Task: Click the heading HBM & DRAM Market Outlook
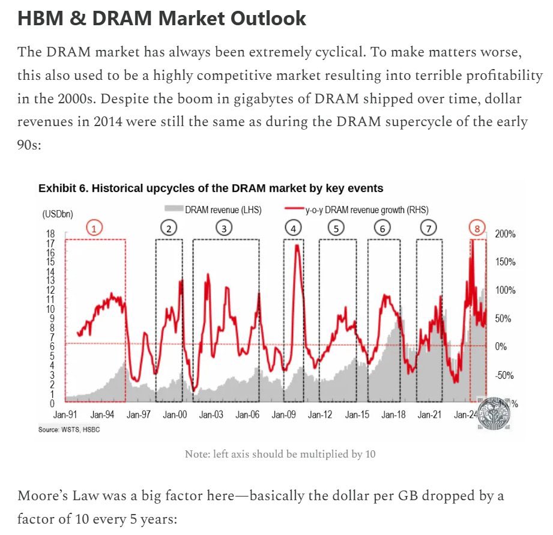pyautogui.click(x=162, y=18)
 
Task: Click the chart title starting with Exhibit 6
pyautogui.click(x=210, y=189)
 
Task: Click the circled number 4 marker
pyautogui.click(x=293, y=228)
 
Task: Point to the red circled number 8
pyautogui.click(x=477, y=228)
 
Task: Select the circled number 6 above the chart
pyautogui.click(x=382, y=228)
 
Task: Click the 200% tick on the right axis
pyautogui.click(x=504, y=234)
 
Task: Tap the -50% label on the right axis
pyautogui.click(x=505, y=375)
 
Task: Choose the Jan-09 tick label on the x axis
pyautogui.click(x=283, y=415)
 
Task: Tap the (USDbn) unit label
pyautogui.click(x=58, y=214)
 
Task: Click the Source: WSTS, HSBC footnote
pyautogui.click(x=66, y=431)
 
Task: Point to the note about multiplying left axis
pyautogui.click(x=280, y=454)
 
